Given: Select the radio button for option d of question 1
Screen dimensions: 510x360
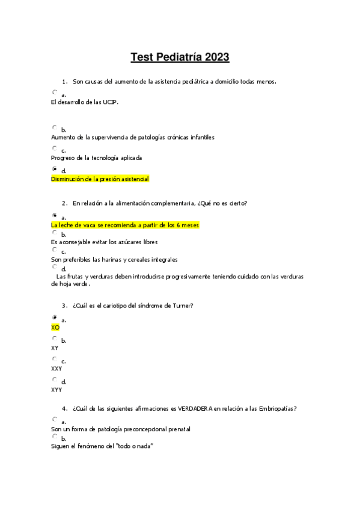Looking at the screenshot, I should tap(55, 169).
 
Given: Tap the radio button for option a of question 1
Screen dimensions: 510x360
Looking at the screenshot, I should tap(55, 92).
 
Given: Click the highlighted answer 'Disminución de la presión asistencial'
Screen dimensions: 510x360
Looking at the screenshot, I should tap(100, 179).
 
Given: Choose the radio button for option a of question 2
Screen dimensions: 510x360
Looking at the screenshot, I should tap(55, 215).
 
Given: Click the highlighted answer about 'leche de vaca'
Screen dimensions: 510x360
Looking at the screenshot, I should tap(125, 225).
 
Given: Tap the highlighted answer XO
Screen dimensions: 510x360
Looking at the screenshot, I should tap(55, 328).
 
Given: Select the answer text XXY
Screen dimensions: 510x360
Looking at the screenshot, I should tap(56, 369).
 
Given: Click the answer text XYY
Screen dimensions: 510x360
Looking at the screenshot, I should tap(56, 390).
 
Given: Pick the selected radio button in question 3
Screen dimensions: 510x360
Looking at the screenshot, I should tap(55, 317).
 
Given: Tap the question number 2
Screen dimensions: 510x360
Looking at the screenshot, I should tap(63, 203).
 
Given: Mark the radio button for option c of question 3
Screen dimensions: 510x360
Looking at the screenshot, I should tap(55, 358).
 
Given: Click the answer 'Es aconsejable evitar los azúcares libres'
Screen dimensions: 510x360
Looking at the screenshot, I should tap(105, 242).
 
